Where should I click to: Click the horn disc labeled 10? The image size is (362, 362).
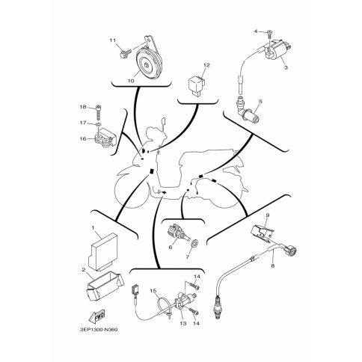[148, 64]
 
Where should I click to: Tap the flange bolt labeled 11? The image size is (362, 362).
[126, 53]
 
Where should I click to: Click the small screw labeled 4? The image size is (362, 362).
[269, 33]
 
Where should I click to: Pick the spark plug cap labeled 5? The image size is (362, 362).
[248, 111]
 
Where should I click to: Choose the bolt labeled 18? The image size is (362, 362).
[99, 112]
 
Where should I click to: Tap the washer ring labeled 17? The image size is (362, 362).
[99, 124]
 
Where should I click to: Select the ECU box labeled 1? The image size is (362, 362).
[102, 251]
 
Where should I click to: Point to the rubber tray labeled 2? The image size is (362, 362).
[105, 286]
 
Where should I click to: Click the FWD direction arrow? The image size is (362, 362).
[96, 316]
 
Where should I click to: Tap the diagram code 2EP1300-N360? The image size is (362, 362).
[99, 330]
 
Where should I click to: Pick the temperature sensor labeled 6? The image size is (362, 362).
[177, 232]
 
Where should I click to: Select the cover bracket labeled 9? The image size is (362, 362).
[262, 233]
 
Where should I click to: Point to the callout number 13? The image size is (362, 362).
[183, 323]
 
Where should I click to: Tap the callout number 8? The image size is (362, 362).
[273, 266]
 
